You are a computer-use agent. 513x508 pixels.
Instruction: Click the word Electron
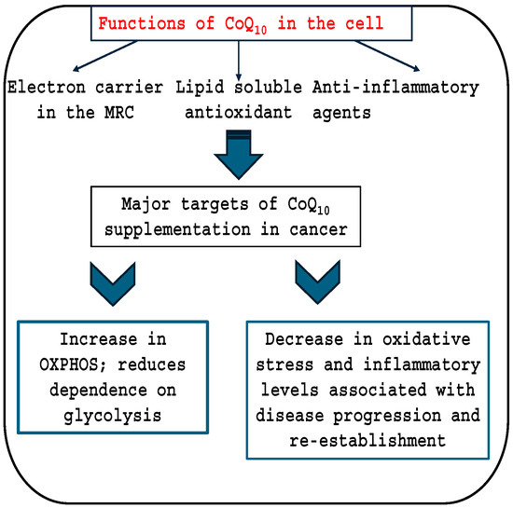[43, 88]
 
